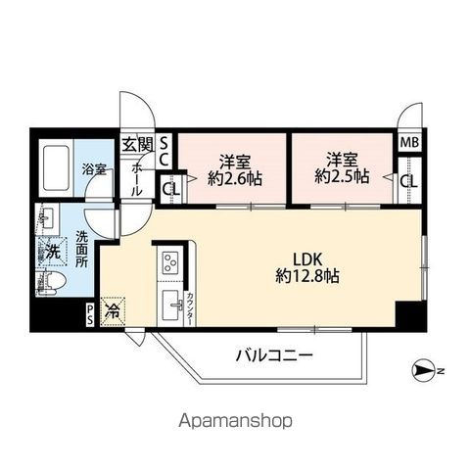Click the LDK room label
coord(294,259)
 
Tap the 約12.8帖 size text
coord(294,276)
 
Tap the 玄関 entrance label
coord(137,145)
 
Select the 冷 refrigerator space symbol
coord(116,311)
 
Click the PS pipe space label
coord(91,315)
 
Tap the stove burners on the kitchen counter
coord(167,262)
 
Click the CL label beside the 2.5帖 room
coord(407,180)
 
